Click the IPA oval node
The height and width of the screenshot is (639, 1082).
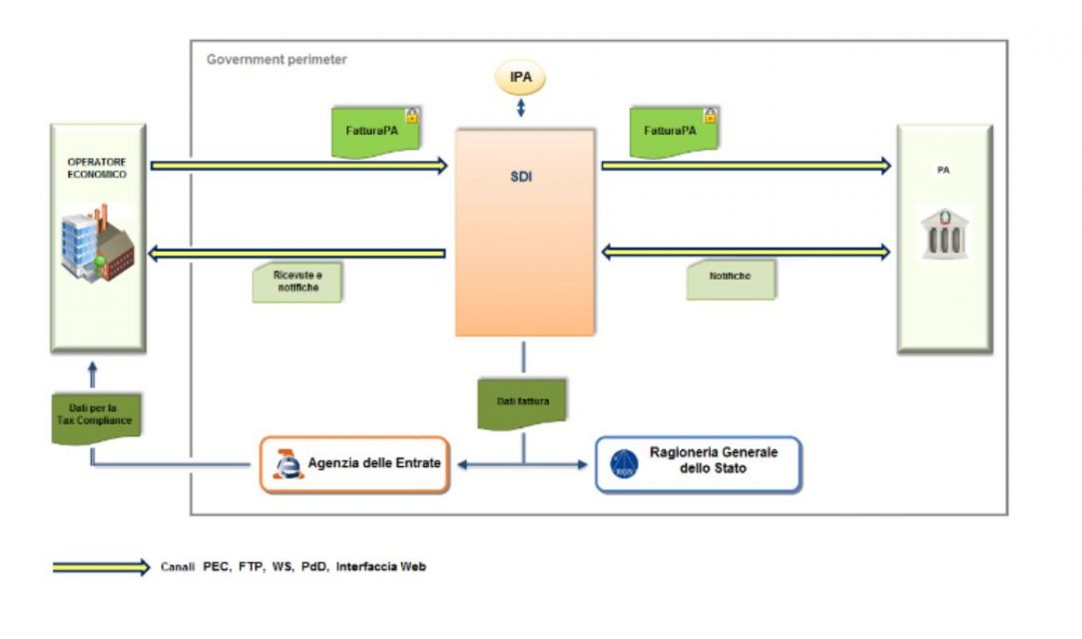point(520,77)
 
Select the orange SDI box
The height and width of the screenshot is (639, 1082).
point(525,232)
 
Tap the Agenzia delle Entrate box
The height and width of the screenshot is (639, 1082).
point(355,464)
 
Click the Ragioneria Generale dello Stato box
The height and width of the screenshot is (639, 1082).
point(698,464)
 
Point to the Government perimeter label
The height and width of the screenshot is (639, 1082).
point(276,60)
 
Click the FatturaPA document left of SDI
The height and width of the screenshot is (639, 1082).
point(372,133)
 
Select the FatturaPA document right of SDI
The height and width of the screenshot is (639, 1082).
point(672,133)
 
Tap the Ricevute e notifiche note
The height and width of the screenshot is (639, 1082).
point(297,283)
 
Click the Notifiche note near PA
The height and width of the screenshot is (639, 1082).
point(731,279)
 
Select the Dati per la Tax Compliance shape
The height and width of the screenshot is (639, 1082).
point(98,414)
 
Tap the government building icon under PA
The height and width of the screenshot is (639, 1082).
point(944,236)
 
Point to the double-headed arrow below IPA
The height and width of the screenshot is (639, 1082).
point(520,107)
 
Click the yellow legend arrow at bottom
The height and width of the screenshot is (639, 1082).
point(101,567)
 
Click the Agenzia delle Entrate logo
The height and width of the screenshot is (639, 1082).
point(286,464)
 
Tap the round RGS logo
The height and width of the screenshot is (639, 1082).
point(625,464)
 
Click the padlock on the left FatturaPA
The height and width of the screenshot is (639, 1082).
point(411,116)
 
